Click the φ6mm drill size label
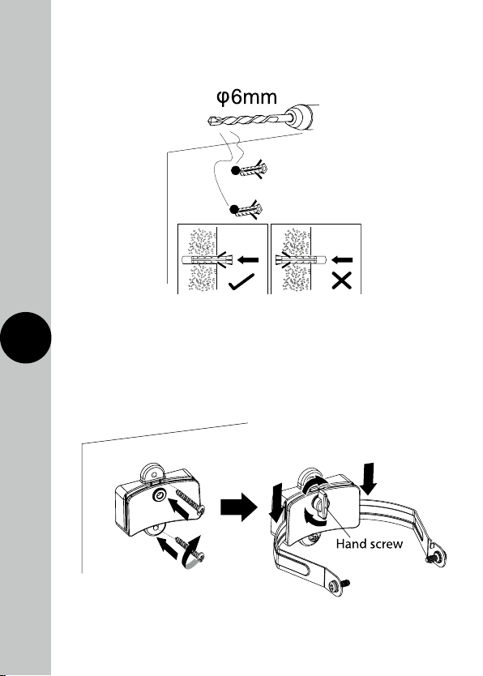[246, 97]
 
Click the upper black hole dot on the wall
[235, 170]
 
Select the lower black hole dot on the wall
[234, 209]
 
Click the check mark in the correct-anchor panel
[241, 281]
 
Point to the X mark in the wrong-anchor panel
[342, 280]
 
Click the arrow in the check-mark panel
[248, 259]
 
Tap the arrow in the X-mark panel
[343, 259]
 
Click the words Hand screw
[370, 544]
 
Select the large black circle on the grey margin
[26, 337]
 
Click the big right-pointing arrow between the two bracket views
[239, 507]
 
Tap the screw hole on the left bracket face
[160, 497]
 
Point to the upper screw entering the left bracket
[190, 503]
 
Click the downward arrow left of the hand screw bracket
[276, 502]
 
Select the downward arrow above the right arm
[369, 478]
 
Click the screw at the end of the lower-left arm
[339, 585]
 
